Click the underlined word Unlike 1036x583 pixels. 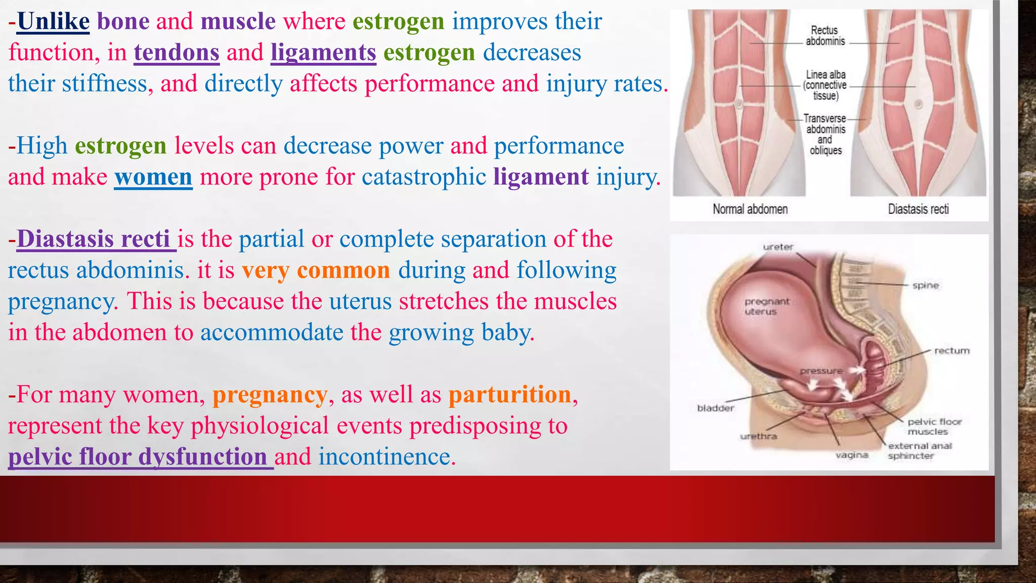coord(53,22)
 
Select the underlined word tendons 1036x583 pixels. coord(177,53)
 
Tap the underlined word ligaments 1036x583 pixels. coord(323,53)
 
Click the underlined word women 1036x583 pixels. coord(153,177)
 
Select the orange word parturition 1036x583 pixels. coord(510,395)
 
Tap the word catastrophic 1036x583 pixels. coord(424,177)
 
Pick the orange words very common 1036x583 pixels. coord(316,270)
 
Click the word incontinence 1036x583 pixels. coord(384,457)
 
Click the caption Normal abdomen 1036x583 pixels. coord(750,209)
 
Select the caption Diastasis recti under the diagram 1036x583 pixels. coord(918,209)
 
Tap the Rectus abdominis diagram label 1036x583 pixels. coord(825,36)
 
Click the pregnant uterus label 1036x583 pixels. coord(766,306)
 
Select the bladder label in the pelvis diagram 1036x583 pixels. coord(715,408)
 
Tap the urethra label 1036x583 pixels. coord(758,436)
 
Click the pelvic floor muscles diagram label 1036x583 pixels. coord(934,426)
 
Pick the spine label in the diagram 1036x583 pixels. coord(925,285)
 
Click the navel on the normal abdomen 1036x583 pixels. coord(739,105)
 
